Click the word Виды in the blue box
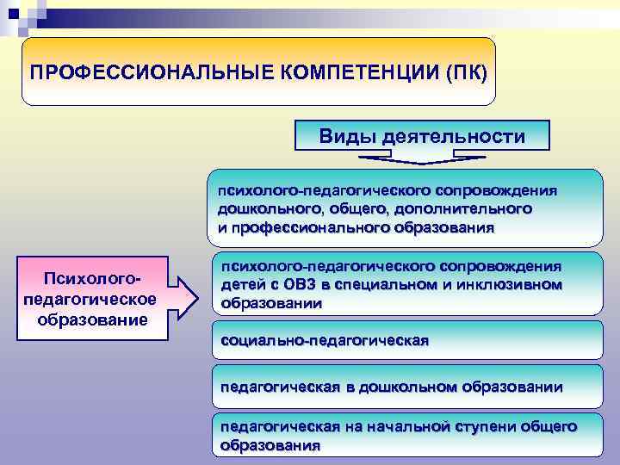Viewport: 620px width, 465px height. pyautogui.click(x=346, y=136)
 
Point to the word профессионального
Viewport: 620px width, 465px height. pyautogui.click(x=307, y=227)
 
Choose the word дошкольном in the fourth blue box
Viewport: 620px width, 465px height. pyautogui.click(x=406, y=387)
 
